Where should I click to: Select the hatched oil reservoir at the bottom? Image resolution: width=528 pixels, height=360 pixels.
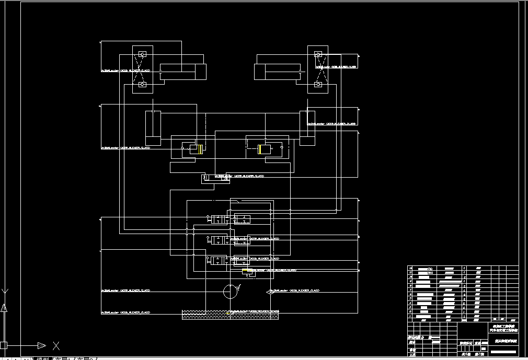[230, 315]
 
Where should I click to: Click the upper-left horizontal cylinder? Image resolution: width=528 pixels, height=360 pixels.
[182, 72]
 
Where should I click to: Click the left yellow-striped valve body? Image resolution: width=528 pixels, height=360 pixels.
[192, 149]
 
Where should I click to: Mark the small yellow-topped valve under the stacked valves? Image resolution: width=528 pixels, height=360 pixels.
[248, 271]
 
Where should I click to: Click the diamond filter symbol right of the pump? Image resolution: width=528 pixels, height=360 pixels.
[269, 292]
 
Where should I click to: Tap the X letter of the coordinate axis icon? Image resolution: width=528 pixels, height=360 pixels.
[56, 345]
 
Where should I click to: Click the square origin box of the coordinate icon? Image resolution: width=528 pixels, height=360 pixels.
[3, 345]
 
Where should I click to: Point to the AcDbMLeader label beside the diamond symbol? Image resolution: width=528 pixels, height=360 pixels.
[296, 289]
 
